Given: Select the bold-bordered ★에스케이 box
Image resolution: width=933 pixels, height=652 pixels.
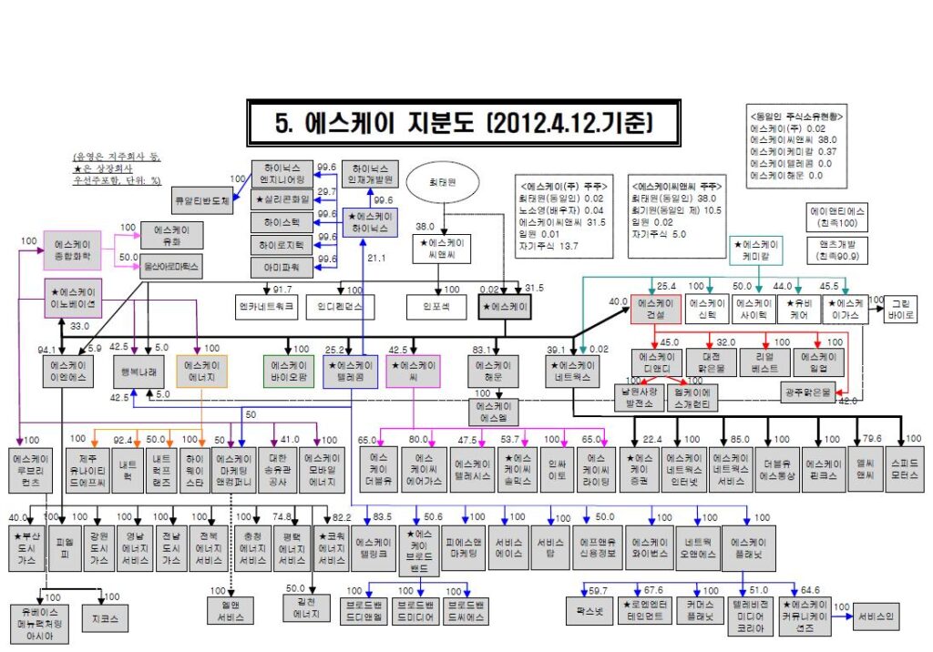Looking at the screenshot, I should click(506, 307).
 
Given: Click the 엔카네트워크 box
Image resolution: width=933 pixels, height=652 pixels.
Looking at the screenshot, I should click(266, 307).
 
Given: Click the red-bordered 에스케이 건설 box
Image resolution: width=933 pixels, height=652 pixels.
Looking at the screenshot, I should click(656, 308).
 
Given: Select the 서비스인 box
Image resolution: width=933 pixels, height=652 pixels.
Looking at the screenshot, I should click(876, 617).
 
